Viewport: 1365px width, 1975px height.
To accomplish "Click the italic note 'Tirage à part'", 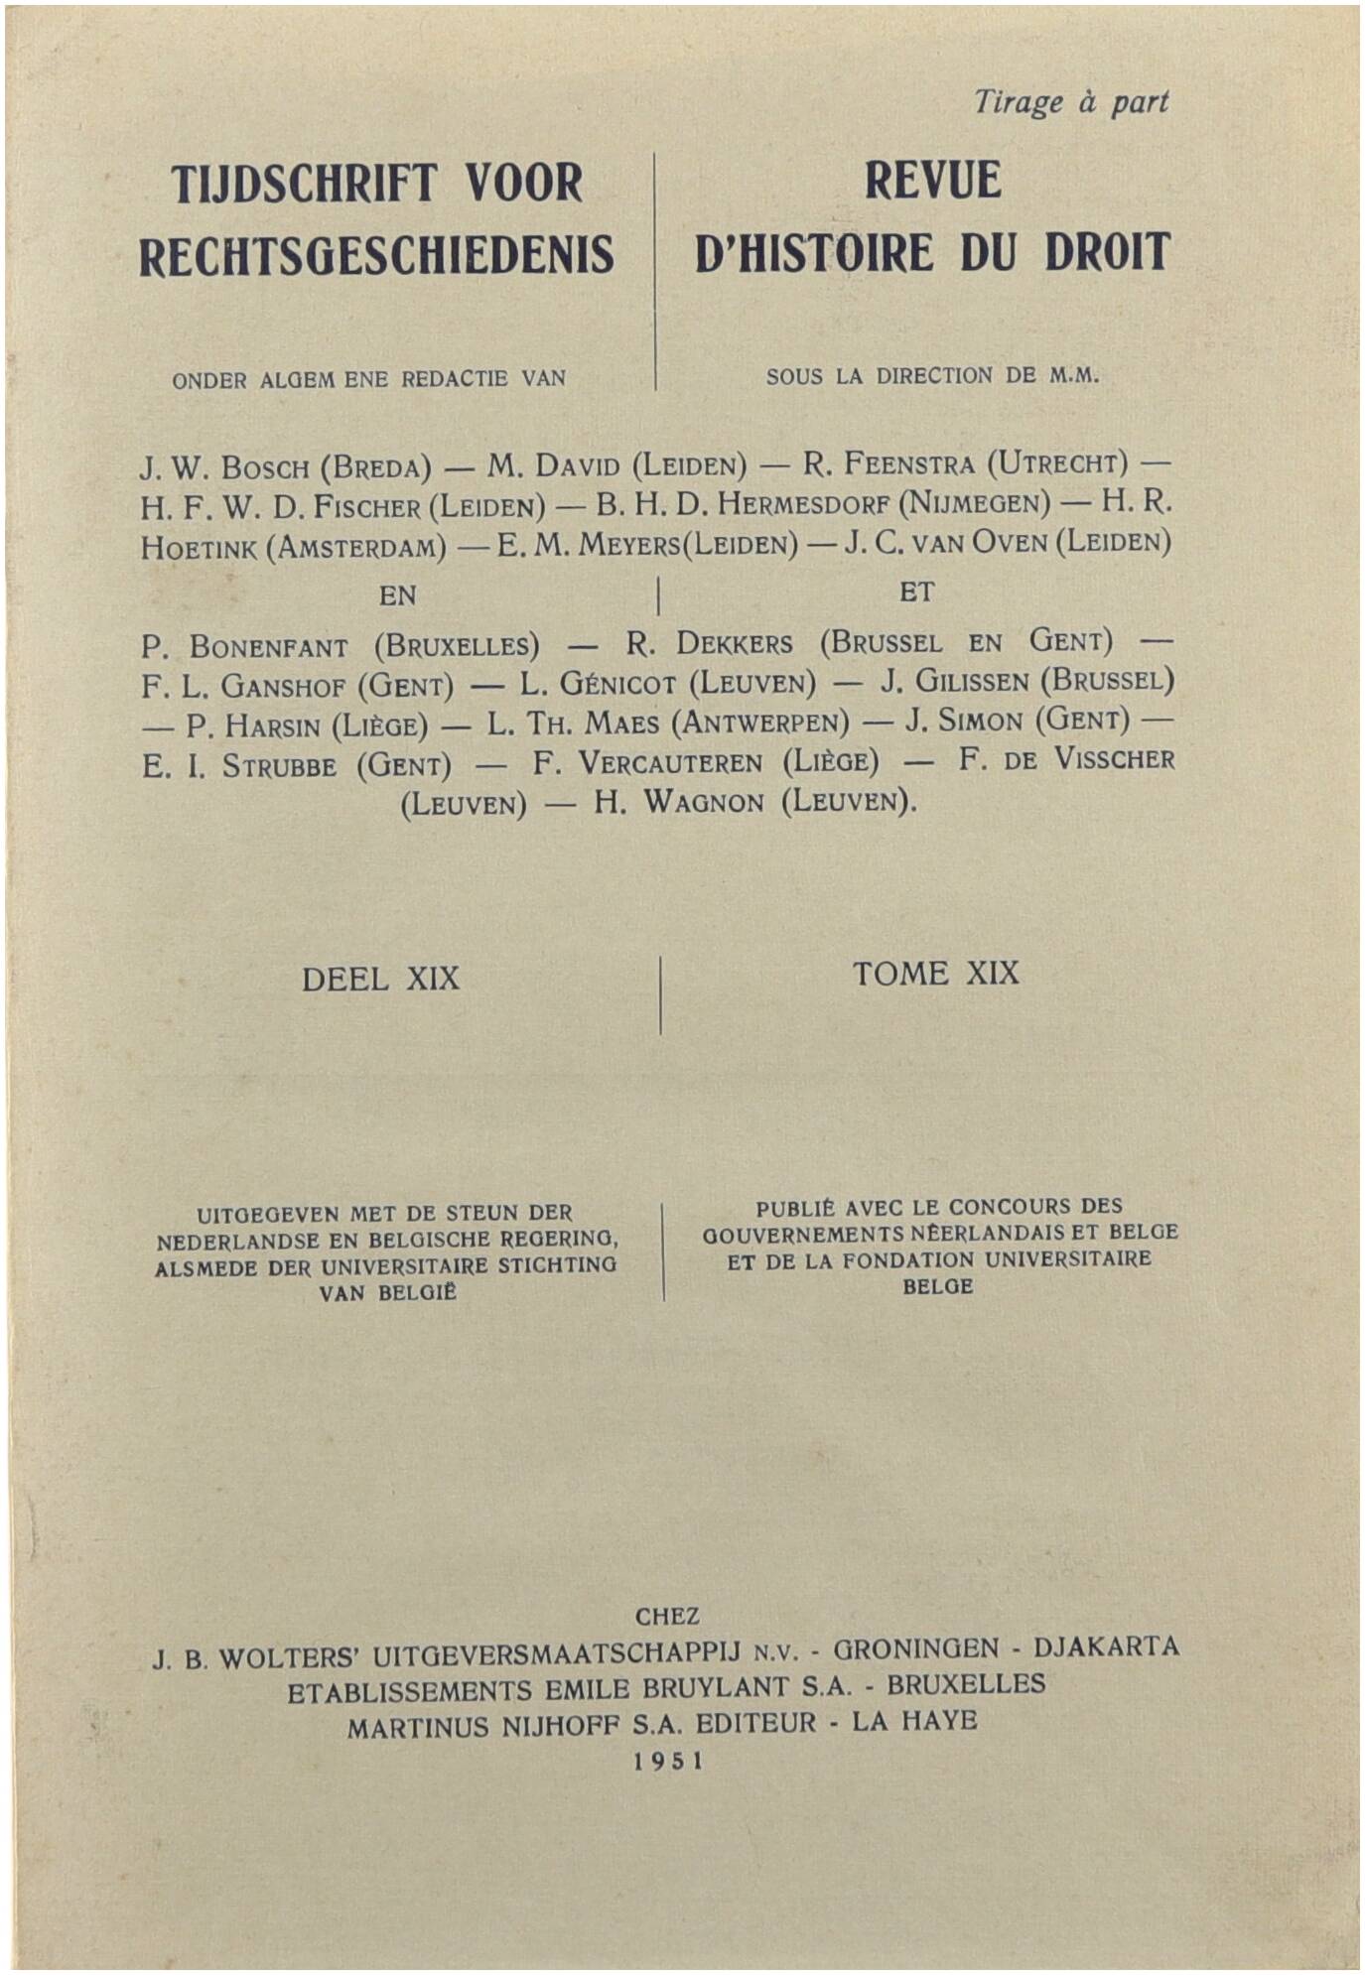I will click(1070, 102).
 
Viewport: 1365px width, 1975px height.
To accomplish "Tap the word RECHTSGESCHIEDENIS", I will click(376, 256).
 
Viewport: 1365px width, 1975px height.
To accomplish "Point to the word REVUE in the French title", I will click(932, 181).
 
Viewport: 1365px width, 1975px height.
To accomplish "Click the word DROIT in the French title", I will click(1107, 252).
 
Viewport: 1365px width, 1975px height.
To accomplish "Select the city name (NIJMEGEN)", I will click(973, 503).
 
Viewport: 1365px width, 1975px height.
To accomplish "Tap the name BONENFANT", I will click(268, 648).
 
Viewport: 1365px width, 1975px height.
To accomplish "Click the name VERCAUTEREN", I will click(670, 763).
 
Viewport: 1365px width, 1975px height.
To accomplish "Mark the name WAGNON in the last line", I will click(704, 802).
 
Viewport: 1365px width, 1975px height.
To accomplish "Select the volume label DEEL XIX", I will click(380, 980).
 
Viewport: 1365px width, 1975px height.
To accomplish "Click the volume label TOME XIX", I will click(935, 974).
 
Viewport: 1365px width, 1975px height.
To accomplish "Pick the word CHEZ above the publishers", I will click(667, 1617).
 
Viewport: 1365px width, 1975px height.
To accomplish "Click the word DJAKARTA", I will click(1106, 1647).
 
